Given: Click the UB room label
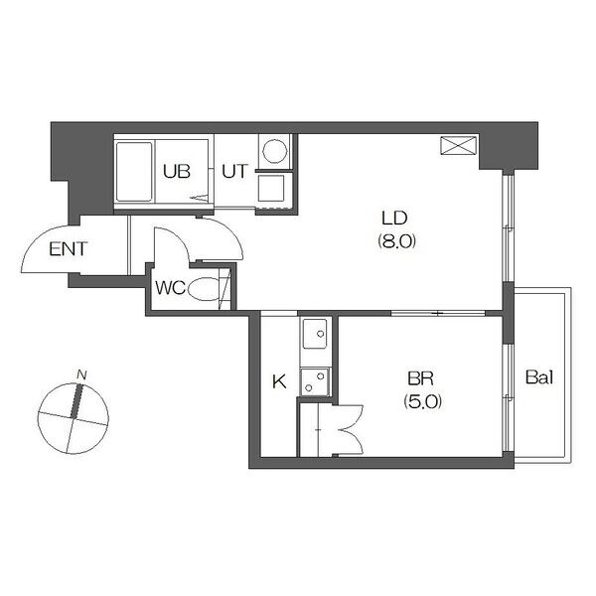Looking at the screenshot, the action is click(177, 172).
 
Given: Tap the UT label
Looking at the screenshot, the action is click(235, 172).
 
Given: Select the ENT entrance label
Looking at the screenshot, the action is click(69, 249).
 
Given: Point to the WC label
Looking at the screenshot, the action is click(170, 288).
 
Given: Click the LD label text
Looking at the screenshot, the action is click(394, 219).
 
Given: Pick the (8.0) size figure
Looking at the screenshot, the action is click(396, 240).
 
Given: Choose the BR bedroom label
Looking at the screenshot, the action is click(420, 378).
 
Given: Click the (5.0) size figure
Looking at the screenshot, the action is click(423, 401).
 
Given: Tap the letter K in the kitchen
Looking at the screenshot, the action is click(280, 381).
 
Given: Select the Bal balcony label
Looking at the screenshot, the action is click(539, 377).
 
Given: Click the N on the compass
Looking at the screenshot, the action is click(81, 375).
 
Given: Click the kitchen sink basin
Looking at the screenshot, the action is click(315, 334).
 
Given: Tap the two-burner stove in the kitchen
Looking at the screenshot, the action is click(315, 382).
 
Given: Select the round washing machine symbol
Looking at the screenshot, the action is click(275, 151).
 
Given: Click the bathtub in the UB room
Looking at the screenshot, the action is click(134, 172).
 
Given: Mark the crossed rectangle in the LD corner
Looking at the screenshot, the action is click(458, 146).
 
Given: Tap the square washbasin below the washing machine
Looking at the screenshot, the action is click(271, 188).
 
